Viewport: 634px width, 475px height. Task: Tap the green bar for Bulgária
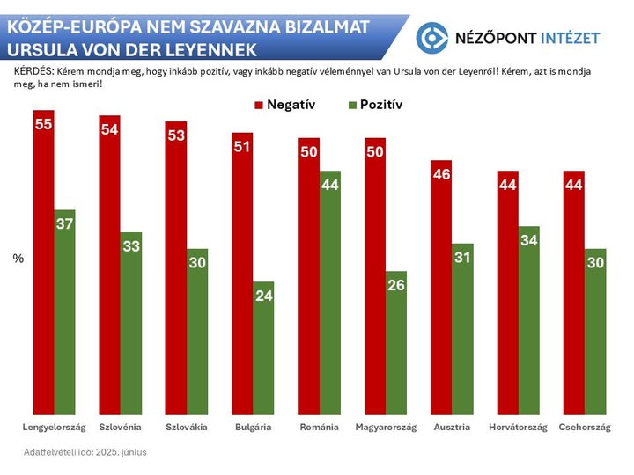point(263,347)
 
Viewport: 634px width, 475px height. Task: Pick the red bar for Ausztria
point(441,287)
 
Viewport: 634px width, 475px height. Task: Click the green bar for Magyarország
point(396,342)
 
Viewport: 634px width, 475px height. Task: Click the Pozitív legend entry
point(375,105)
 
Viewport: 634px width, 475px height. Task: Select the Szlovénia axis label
point(121,427)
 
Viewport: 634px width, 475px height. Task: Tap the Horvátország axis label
point(518,427)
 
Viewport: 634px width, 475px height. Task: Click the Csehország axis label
point(585,427)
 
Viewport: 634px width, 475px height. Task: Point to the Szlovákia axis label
point(187,427)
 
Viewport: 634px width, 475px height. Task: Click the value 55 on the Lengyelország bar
point(44,124)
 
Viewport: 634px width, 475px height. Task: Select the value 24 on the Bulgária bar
point(263,296)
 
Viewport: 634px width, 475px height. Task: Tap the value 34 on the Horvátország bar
point(528,240)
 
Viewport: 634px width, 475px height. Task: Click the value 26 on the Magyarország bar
point(396,285)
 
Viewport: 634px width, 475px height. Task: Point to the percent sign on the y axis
point(17,259)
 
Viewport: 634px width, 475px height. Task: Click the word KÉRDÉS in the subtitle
point(32,69)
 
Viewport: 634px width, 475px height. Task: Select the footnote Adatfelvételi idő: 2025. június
point(85,452)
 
